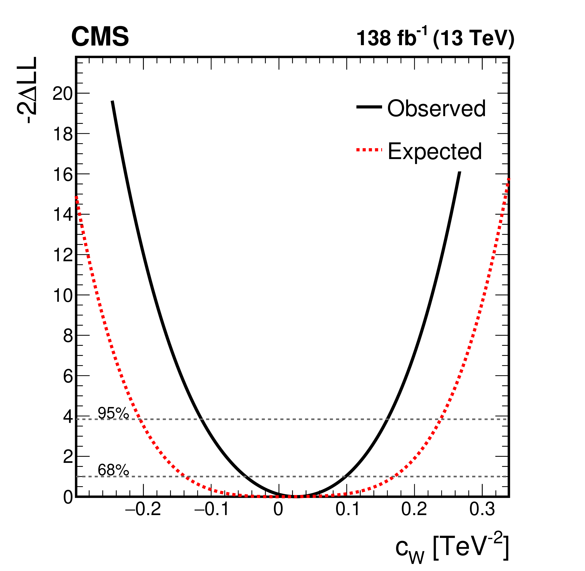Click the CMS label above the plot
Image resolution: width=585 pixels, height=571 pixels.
100,37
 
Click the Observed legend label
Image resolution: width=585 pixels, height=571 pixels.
436,108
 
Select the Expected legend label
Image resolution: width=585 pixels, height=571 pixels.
435,151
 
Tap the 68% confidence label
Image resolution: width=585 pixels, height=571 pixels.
113,470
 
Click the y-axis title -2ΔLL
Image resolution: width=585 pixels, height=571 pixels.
28,90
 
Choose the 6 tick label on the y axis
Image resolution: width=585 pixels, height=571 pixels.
68,376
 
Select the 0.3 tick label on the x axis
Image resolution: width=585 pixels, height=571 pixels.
482,509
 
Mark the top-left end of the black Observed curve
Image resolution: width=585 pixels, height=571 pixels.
112,102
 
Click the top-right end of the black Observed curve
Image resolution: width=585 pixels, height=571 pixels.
459,172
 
